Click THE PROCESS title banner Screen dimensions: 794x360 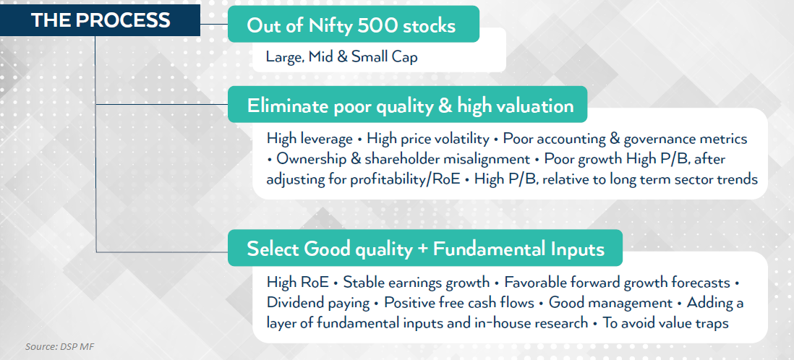(x=100, y=20)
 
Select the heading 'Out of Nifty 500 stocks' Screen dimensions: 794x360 (x=351, y=26)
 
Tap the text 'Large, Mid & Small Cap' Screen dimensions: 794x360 (x=342, y=56)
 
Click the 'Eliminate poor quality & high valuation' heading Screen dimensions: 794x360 (x=410, y=106)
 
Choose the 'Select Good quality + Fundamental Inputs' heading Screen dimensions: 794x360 (x=425, y=249)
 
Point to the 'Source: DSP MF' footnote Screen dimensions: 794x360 (x=60, y=347)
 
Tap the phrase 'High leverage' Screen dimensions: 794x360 (x=310, y=139)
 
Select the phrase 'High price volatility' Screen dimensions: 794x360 (x=428, y=140)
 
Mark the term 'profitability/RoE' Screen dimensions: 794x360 (x=405, y=180)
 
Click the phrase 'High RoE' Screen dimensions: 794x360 (x=297, y=282)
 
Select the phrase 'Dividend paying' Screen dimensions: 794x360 (x=318, y=304)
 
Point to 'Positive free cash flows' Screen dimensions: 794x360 (x=459, y=303)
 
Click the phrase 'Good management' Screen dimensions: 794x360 (x=610, y=304)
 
